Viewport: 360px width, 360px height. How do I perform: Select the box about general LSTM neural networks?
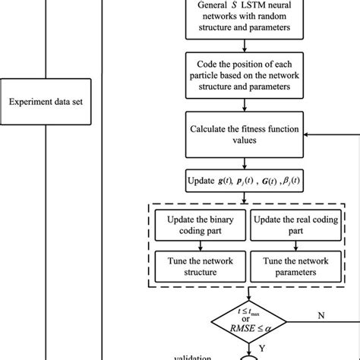click(242, 18)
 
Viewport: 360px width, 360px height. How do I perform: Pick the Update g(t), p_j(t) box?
click(242, 183)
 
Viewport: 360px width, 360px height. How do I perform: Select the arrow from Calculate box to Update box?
click(242, 164)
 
